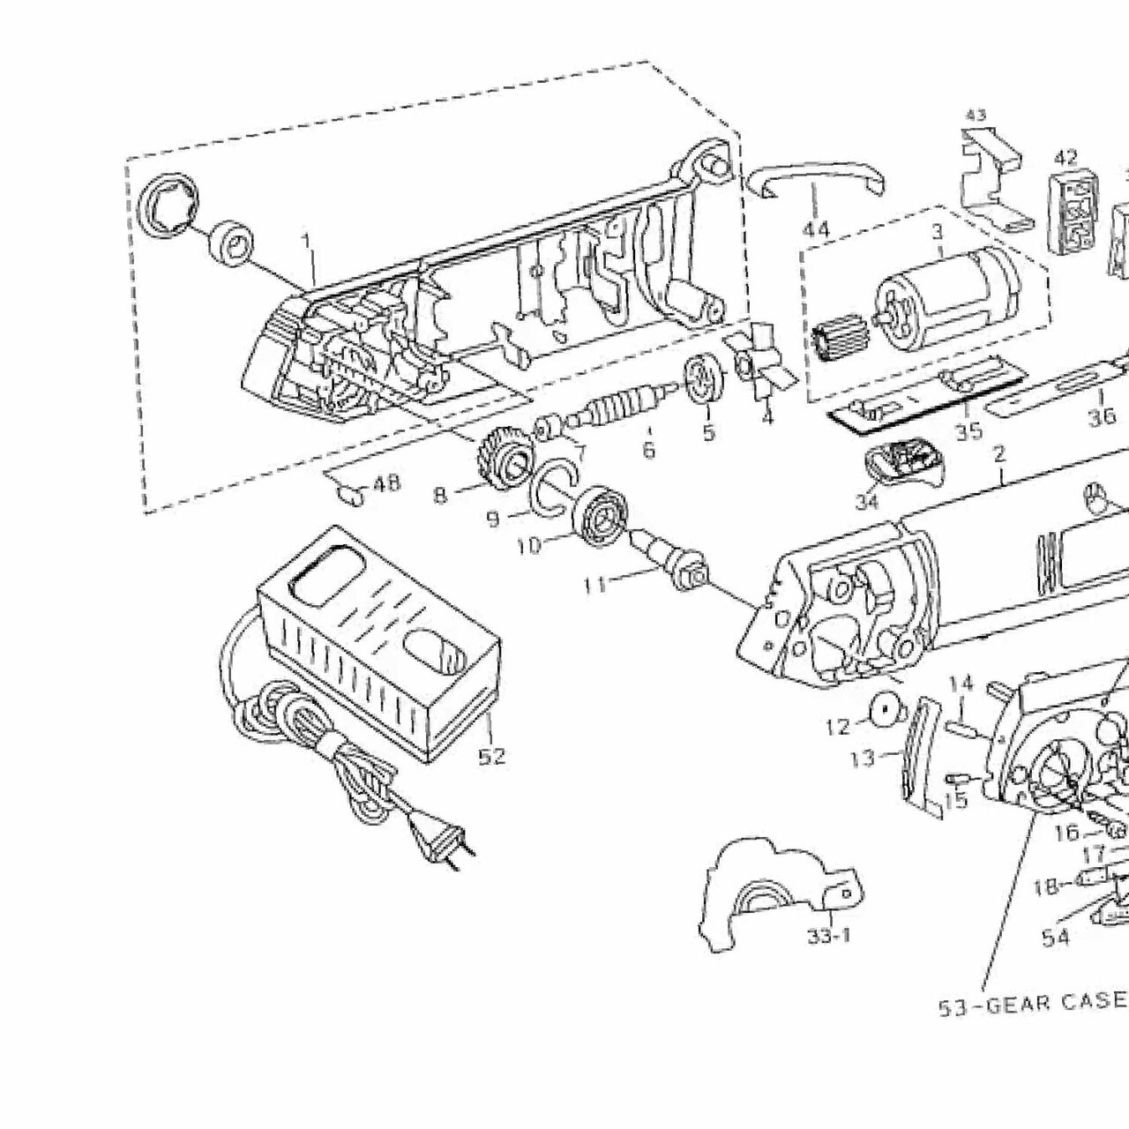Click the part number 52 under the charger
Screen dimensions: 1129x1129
pos(491,756)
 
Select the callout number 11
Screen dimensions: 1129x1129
pos(597,582)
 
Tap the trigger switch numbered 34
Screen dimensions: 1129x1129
pos(904,463)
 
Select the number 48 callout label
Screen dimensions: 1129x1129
pos(385,483)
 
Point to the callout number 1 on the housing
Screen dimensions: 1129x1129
pos(306,240)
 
